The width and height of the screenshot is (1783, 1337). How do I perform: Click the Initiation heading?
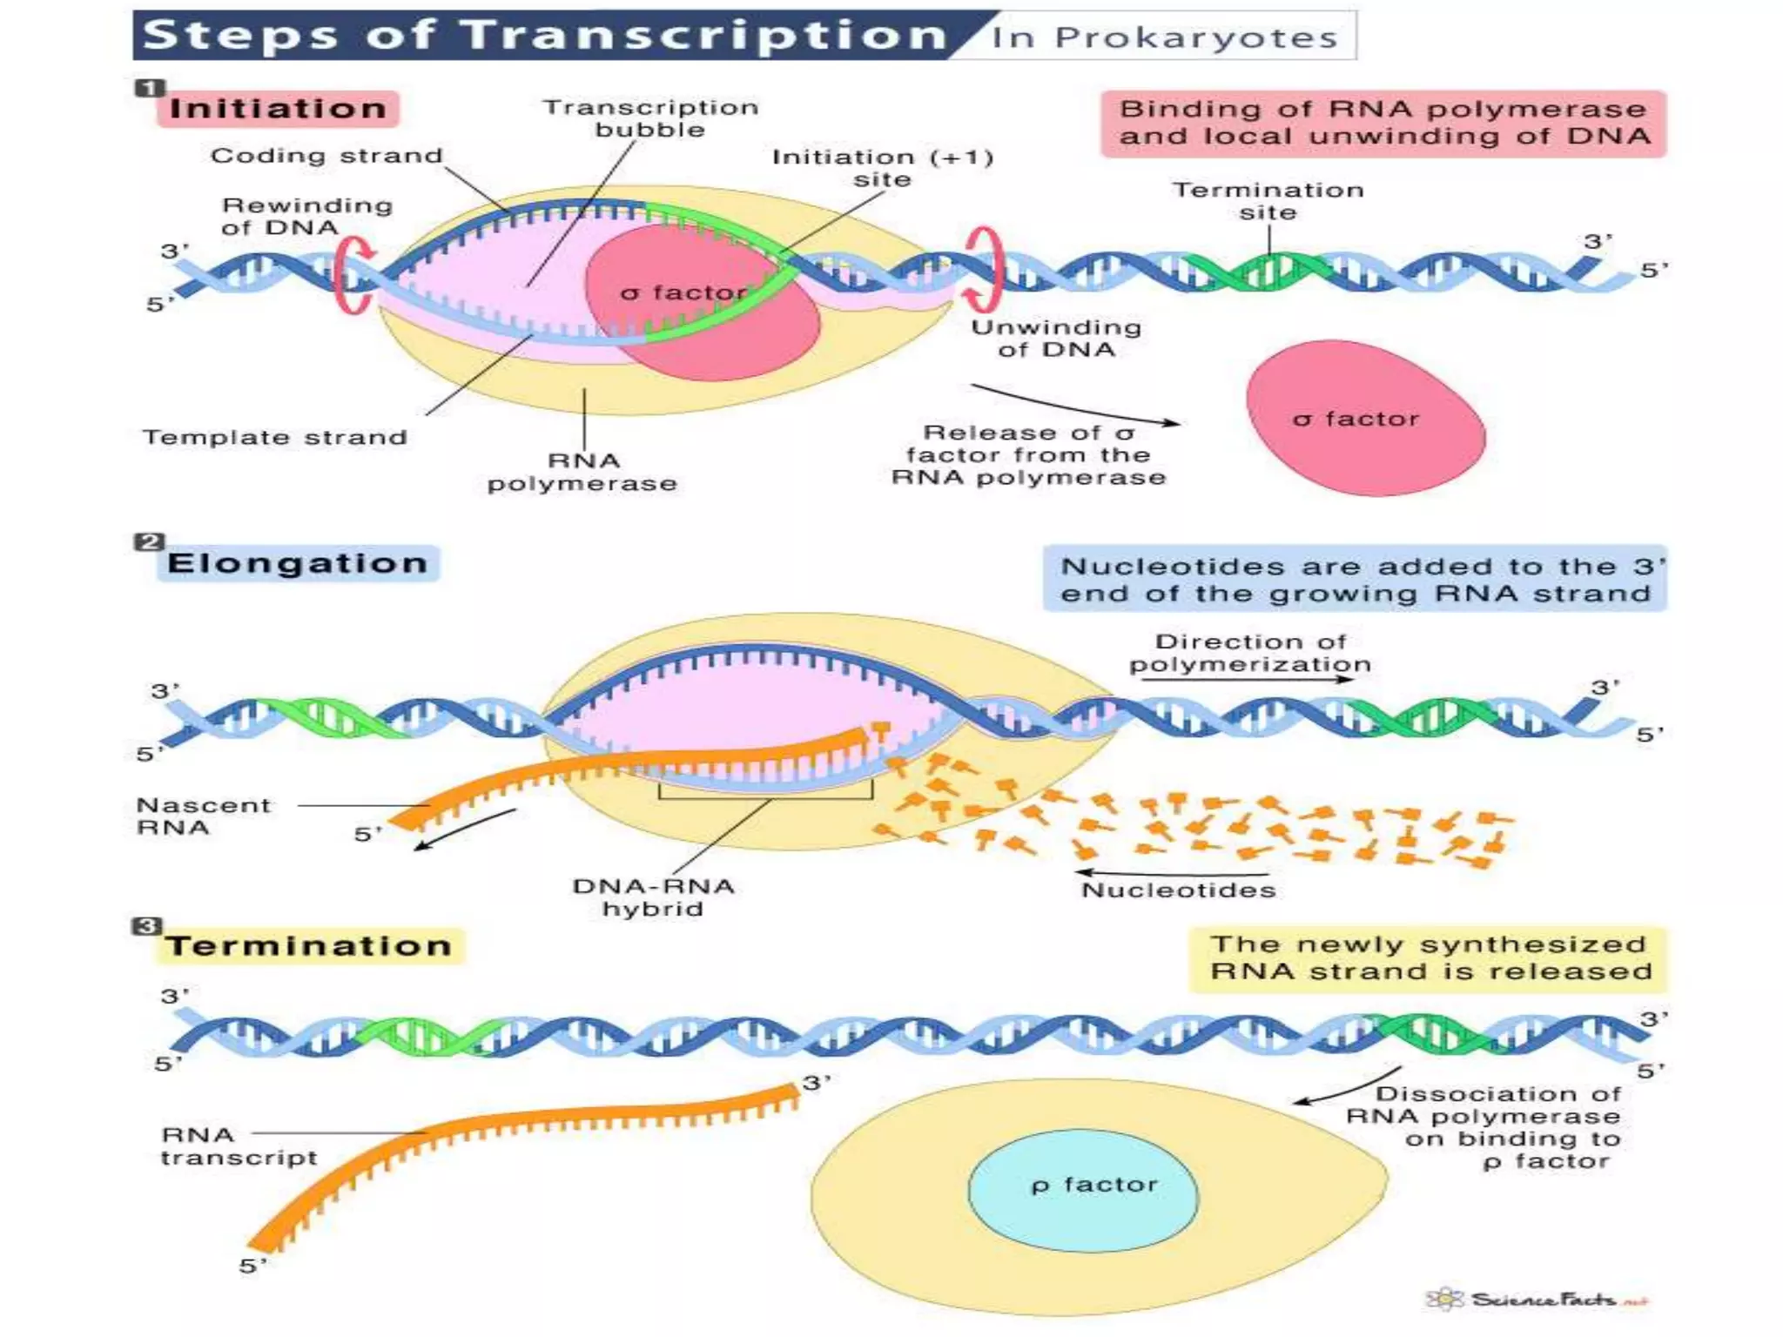(x=278, y=109)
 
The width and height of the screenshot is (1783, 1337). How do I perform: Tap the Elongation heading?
(x=297, y=563)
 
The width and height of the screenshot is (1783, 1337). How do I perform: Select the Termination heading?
(x=309, y=946)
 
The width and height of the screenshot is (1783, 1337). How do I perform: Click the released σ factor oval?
(x=1363, y=419)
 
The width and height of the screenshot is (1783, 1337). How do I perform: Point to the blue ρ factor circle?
(x=1084, y=1190)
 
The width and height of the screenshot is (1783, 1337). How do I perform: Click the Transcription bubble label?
(x=650, y=118)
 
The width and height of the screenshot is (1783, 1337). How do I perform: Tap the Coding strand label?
(x=326, y=156)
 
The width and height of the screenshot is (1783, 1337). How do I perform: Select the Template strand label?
(x=274, y=437)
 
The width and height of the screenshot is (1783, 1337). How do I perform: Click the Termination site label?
(x=1268, y=201)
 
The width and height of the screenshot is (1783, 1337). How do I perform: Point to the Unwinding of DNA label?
(x=1056, y=339)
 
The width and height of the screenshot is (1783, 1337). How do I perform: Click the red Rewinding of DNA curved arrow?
(x=353, y=276)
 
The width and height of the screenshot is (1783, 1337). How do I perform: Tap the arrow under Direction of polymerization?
(x=1247, y=680)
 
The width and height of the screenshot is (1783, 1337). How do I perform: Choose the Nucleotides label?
(x=1178, y=890)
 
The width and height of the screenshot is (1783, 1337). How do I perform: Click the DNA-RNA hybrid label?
(x=653, y=897)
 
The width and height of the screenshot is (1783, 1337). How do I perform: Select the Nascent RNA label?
(x=203, y=816)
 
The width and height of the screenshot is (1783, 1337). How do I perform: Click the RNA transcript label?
(x=238, y=1146)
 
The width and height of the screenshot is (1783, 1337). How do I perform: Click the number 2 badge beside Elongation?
(x=148, y=542)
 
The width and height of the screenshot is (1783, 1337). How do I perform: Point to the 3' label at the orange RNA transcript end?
(x=816, y=1083)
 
